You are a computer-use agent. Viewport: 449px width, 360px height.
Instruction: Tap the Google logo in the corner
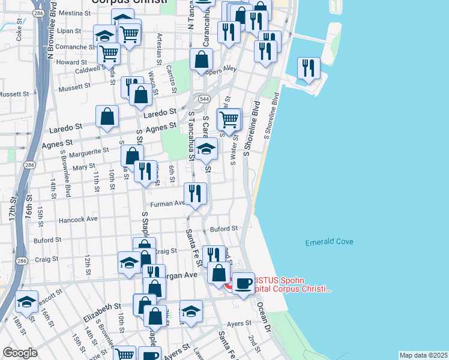(20, 353)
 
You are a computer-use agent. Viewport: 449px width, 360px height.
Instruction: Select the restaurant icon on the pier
(309, 68)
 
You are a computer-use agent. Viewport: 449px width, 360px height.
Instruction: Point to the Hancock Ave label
(77, 220)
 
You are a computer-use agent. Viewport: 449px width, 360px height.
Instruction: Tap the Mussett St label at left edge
(14, 94)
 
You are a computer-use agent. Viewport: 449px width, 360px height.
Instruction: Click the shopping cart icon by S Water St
(229, 119)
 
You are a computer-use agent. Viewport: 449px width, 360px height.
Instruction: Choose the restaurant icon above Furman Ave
(196, 193)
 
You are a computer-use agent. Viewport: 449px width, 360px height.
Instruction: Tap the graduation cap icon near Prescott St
(26, 302)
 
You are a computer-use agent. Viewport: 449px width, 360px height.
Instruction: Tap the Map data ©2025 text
(423, 355)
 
